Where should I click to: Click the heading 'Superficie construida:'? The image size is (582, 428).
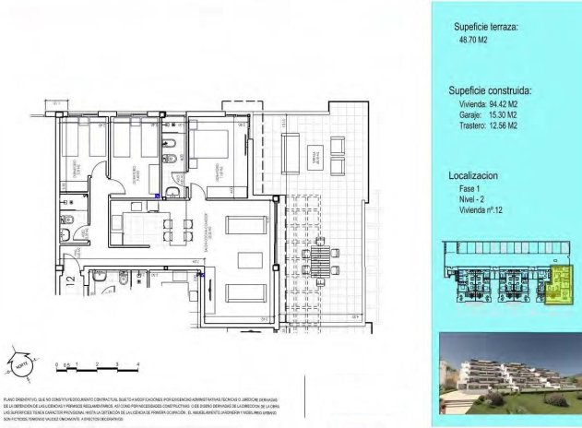(491, 92)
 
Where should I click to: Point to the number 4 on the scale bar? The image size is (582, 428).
(137, 365)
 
